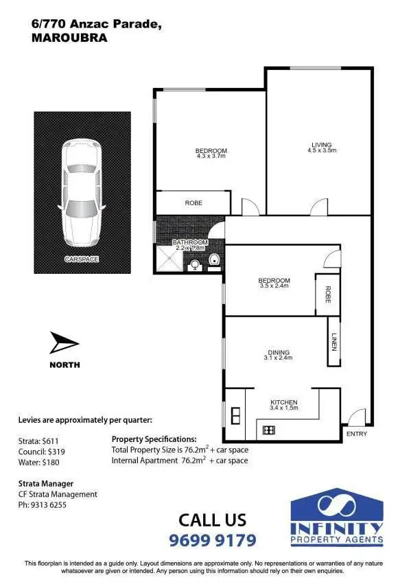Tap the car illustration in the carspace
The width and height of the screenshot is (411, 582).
click(x=82, y=194)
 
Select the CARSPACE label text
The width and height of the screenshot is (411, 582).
click(x=82, y=259)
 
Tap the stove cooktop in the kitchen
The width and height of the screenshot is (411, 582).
click(x=268, y=430)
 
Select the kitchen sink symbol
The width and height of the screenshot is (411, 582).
click(x=235, y=415)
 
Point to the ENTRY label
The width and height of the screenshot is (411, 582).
click(x=357, y=434)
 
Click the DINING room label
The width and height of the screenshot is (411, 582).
click(x=279, y=353)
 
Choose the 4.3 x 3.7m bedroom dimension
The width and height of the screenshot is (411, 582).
click(x=211, y=156)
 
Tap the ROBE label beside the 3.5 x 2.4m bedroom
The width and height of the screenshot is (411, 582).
click(x=328, y=294)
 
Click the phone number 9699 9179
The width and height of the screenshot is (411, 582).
click(x=213, y=540)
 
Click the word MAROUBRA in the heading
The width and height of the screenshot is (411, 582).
click(x=69, y=38)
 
